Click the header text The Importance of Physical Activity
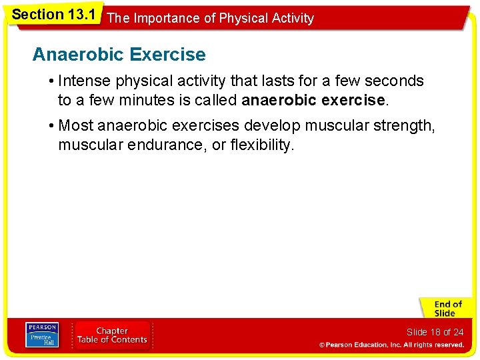click(210, 19)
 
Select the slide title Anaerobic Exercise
click(119, 54)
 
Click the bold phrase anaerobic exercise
click(313, 101)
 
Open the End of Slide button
click(445, 308)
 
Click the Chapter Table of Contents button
click(112, 335)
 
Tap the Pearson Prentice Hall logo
click(41, 335)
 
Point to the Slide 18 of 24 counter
click(435, 332)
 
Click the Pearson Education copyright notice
click(391, 345)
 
